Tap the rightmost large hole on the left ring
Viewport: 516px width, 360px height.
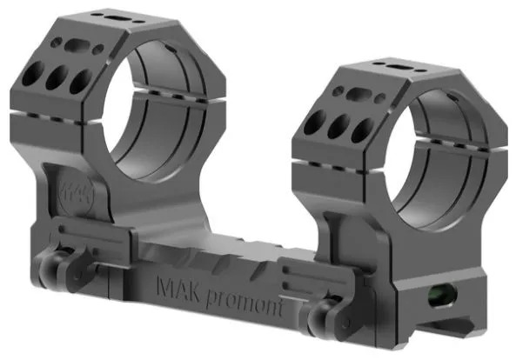(x=81, y=81)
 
